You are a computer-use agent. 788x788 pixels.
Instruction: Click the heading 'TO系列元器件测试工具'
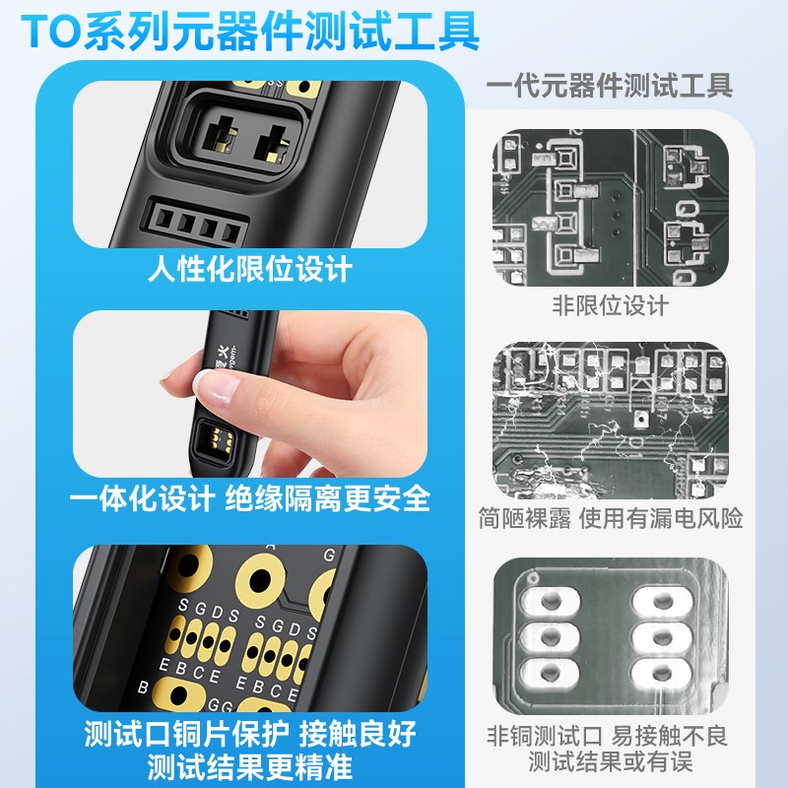click(x=251, y=32)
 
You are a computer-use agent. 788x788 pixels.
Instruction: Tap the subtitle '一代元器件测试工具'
click(x=610, y=86)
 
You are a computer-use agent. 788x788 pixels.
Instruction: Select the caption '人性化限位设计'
click(x=250, y=269)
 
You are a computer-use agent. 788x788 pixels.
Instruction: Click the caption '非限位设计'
click(x=610, y=305)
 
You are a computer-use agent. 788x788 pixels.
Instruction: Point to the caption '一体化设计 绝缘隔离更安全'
click(x=250, y=498)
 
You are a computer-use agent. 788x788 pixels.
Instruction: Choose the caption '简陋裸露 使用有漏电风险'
click(x=611, y=518)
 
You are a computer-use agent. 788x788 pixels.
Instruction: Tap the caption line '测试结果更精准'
click(x=250, y=765)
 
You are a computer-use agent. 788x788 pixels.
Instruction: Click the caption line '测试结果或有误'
click(x=610, y=761)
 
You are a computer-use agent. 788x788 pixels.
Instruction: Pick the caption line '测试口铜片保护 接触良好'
click(x=250, y=734)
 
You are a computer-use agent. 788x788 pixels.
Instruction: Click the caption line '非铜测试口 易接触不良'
click(x=610, y=735)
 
